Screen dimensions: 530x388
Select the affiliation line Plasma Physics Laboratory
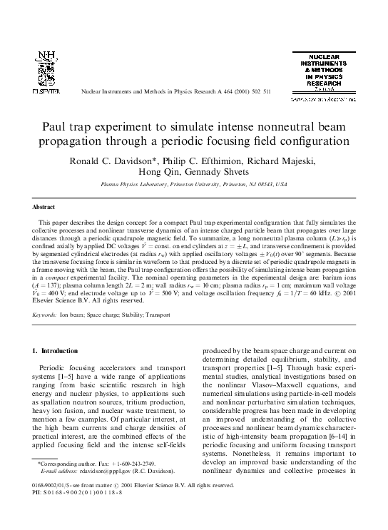click(x=194, y=184)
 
